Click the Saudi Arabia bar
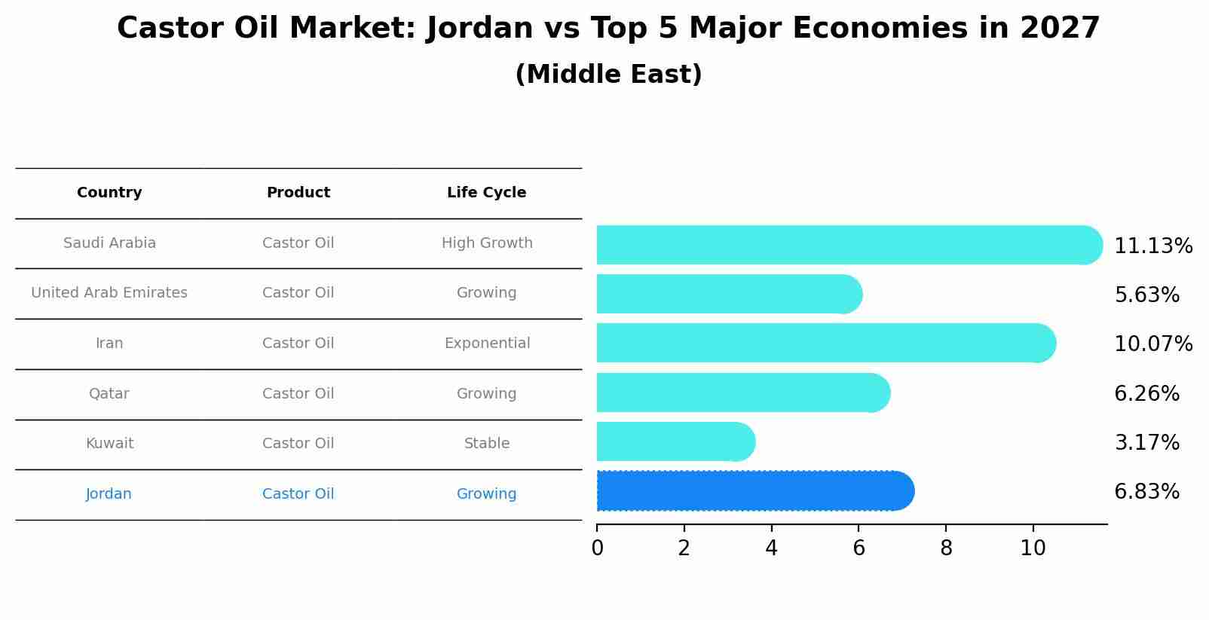[849, 245]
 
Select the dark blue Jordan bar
[755, 490]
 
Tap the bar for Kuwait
[676, 441]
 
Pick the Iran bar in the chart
[826, 344]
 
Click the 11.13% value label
[1153, 246]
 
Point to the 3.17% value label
[1147, 442]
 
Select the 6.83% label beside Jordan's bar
[1147, 492]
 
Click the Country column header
[109, 193]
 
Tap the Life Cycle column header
[486, 193]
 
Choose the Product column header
[298, 193]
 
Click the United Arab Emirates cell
[109, 292]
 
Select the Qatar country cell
[109, 393]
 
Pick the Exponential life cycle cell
[488, 344]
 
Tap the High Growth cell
[488, 243]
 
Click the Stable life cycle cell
[487, 443]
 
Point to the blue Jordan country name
[109, 493]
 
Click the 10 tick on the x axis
[1033, 548]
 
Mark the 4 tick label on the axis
[771, 548]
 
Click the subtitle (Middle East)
[609, 75]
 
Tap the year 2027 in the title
[1060, 28]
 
